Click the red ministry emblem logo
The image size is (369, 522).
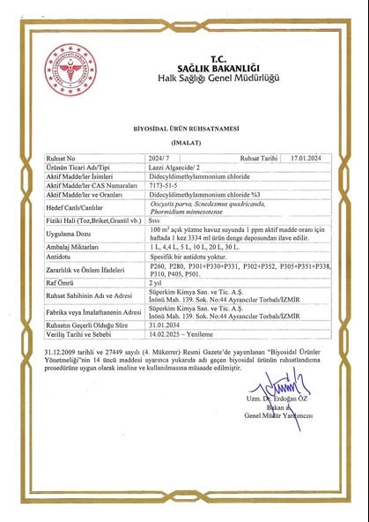coord(70,70)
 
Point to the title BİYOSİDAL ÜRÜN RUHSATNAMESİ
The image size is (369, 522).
coord(183,128)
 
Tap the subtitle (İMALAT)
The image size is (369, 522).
coord(183,141)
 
